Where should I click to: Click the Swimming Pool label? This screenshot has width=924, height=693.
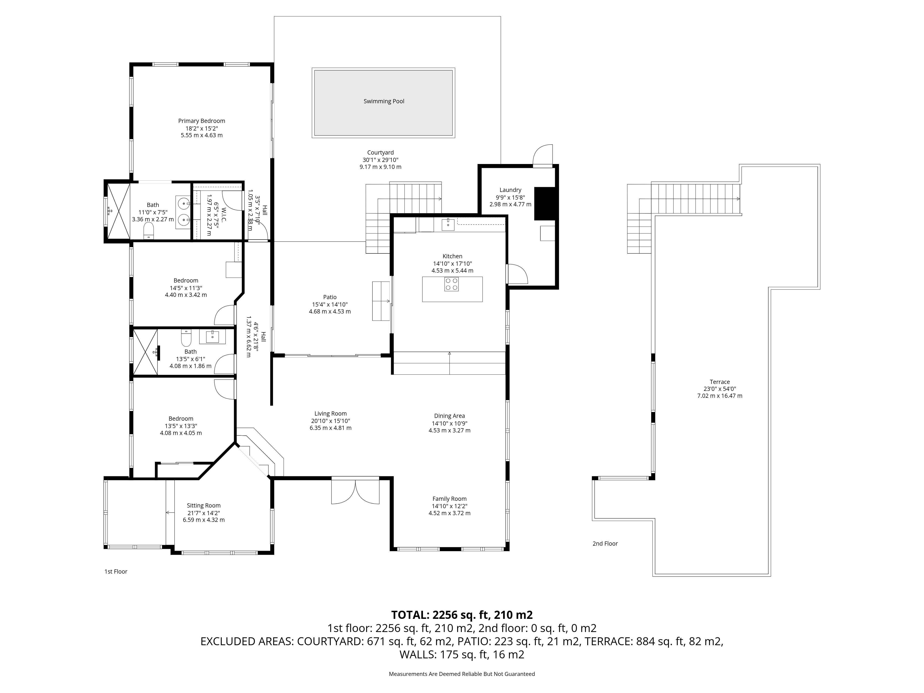(384, 101)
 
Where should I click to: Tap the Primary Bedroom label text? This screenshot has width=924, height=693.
(202, 121)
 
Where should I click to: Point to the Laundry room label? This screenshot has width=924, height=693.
(511, 190)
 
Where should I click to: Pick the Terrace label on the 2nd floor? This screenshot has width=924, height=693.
(720, 382)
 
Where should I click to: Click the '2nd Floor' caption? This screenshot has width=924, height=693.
(605, 544)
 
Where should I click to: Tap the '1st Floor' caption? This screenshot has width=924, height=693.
(116, 571)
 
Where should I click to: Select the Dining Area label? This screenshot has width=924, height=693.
(450, 416)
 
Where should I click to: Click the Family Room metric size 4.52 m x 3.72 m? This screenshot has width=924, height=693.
(450, 513)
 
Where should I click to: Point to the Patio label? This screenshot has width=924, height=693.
(330, 298)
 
